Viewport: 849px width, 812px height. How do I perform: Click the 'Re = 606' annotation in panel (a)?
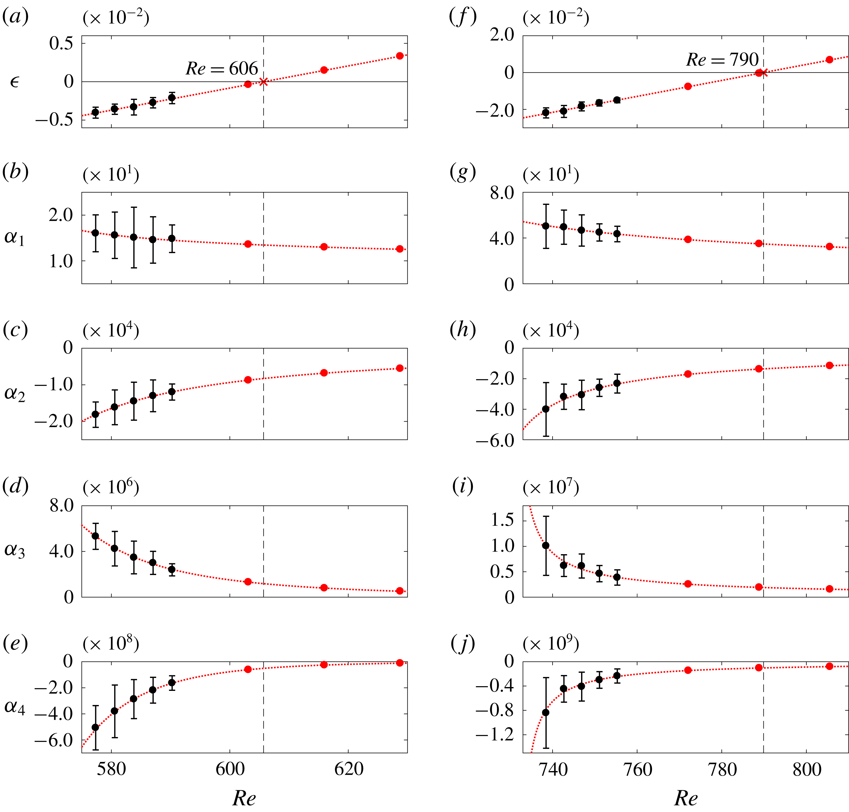[222, 68]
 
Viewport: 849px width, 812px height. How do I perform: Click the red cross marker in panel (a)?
[263, 81]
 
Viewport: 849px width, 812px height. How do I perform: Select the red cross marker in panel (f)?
[764, 72]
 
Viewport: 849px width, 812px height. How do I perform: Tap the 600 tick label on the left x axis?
[230, 769]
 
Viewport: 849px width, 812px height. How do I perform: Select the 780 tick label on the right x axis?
[722, 769]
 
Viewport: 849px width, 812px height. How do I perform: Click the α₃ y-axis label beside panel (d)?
[15, 551]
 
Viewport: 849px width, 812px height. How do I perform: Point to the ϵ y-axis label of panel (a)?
[14, 81]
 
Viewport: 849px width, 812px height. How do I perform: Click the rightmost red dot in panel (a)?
[400, 56]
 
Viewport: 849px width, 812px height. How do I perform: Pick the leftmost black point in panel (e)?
[95, 728]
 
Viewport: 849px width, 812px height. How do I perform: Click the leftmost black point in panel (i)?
[546, 545]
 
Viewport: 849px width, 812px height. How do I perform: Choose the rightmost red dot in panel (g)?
[829, 246]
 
